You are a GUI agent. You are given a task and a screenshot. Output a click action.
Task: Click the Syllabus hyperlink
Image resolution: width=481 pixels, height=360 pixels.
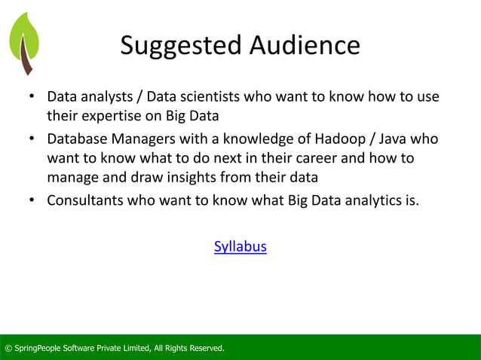click(x=240, y=246)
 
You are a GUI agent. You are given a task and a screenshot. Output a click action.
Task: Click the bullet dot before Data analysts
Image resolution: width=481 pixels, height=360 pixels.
click(x=32, y=99)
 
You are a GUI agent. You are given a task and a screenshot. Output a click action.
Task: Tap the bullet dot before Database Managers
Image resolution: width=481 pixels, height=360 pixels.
click(x=32, y=140)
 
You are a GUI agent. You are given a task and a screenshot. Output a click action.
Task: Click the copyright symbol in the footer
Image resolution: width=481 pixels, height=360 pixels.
click(x=8, y=348)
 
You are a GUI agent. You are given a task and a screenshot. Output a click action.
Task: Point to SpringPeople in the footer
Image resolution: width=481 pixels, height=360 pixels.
click(x=41, y=348)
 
